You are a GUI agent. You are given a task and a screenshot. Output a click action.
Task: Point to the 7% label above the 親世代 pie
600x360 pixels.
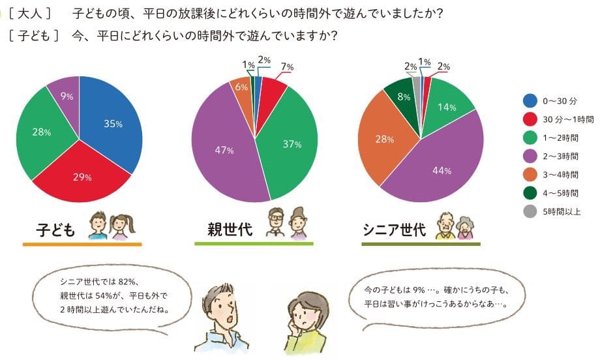coord(288,67)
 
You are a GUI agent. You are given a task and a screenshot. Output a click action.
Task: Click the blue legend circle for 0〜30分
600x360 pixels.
coord(530,100)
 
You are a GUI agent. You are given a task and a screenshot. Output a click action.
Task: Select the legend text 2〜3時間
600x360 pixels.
coord(560,156)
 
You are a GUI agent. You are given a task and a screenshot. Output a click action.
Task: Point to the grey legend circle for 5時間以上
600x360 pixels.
coord(530,211)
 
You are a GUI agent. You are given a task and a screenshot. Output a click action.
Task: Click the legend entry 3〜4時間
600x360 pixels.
coord(560,174)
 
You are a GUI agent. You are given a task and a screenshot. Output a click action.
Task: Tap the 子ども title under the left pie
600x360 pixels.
coord(57,230)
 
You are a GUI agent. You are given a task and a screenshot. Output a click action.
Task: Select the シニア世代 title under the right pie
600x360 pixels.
coord(394,230)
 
